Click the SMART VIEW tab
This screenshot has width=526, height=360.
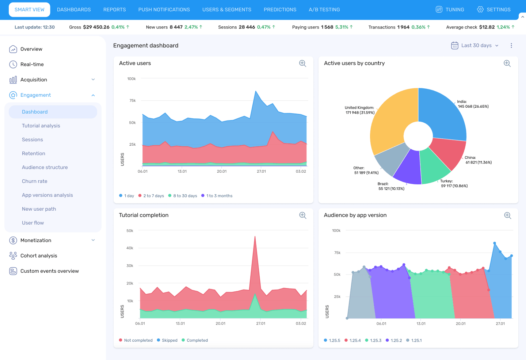29,9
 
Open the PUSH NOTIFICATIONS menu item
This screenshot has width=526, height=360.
164,9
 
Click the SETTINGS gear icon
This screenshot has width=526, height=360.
480,9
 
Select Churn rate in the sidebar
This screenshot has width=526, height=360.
35,181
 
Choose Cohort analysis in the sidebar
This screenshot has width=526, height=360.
39,256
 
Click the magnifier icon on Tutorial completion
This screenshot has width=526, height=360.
303,215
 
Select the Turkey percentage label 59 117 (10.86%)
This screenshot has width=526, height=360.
454,186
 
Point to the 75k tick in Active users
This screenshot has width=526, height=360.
133,100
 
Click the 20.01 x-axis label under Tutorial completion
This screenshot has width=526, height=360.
220,323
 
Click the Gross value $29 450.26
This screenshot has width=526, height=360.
96,27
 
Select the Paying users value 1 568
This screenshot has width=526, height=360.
327,27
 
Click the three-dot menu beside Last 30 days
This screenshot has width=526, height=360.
511,45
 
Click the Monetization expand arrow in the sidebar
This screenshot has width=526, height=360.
93,240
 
